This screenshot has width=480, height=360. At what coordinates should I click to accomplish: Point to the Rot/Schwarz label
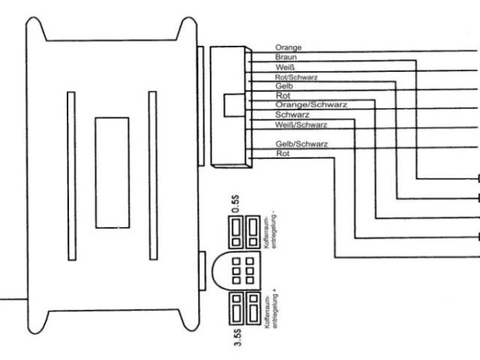[x=294, y=76]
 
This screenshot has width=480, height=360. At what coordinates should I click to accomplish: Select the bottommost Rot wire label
[x=282, y=154]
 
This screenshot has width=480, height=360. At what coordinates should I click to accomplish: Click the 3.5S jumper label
[x=237, y=331]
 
